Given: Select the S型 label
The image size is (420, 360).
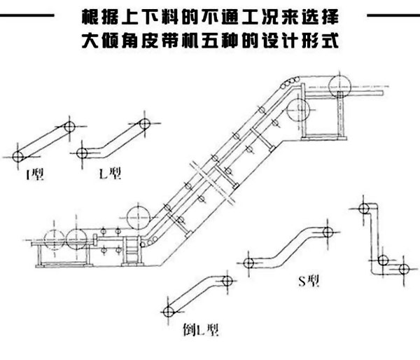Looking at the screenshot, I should (x=309, y=282).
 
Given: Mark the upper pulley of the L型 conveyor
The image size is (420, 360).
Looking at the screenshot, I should (x=144, y=124).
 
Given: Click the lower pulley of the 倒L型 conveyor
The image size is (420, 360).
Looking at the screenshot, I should (x=167, y=310).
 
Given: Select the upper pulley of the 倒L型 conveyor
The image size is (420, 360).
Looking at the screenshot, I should (x=226, y=280).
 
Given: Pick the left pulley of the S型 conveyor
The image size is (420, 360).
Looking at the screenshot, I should (x=248, y=263).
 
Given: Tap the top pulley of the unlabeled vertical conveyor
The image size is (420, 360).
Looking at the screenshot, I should (x=363, y=208).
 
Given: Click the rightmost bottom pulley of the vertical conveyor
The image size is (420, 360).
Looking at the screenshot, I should (x=403, y=270).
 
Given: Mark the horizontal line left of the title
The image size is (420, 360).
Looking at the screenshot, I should (x=28, y=15).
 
